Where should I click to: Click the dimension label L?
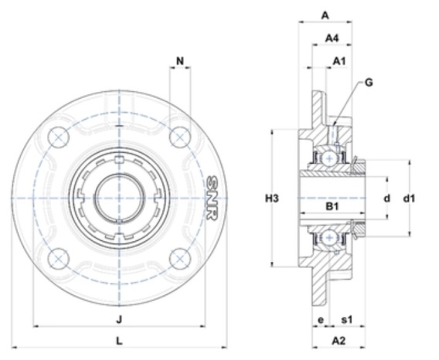pos(120,341)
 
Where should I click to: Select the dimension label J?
pos(120,319)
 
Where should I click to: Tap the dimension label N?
pos(180,61)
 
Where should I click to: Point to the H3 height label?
pos(272,199)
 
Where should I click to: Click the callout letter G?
pos(369,83)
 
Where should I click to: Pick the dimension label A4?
pos(332,38)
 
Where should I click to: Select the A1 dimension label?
pos(339,61)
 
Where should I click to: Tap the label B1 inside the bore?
pos(332,206)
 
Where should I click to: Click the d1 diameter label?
pos(409,199)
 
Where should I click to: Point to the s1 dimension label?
pos(347,319)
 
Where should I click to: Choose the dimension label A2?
pos(339,341)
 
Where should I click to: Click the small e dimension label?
pos(321,320)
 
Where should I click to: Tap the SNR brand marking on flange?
pos(212,198)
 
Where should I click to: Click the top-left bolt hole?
pos(59,138)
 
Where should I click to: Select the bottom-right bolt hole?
pos(180,259)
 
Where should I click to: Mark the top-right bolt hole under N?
pos(180,138)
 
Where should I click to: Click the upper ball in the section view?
pos(330,158)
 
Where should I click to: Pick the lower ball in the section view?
pos(330,238)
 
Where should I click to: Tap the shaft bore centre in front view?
pos(120,198)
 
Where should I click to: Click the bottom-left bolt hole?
pos(59,259)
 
